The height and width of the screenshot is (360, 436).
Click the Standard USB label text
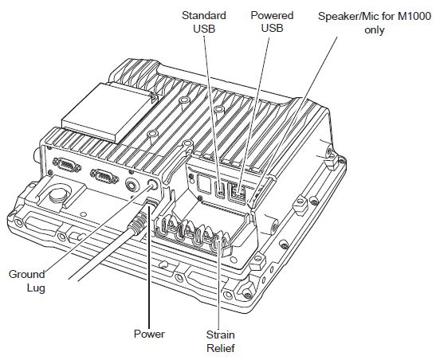tap(204, 22)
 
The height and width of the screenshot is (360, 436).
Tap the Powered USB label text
tap(272, 22)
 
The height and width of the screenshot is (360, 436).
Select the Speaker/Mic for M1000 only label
tap(375, 23)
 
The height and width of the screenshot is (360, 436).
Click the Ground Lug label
tap(27, 281)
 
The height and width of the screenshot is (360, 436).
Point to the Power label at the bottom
tap(149, 334)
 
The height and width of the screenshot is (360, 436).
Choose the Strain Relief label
tap(221, 341)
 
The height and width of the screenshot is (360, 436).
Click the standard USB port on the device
tap(221, 190)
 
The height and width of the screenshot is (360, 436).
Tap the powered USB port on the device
tap(237, 192)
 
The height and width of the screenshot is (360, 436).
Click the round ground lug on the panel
tap(151, 186)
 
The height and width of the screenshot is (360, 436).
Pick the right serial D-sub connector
tap(104, 176)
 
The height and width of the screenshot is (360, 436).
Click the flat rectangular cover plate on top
tap(109, 113)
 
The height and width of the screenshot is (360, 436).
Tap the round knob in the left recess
tap(58, 194)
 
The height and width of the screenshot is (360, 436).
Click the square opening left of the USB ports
tap(204, 184)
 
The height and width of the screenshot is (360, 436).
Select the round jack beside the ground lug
tap(132, 185)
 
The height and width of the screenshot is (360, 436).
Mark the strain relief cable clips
tap(193, 233)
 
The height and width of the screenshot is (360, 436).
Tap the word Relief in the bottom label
tap(221, 348)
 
